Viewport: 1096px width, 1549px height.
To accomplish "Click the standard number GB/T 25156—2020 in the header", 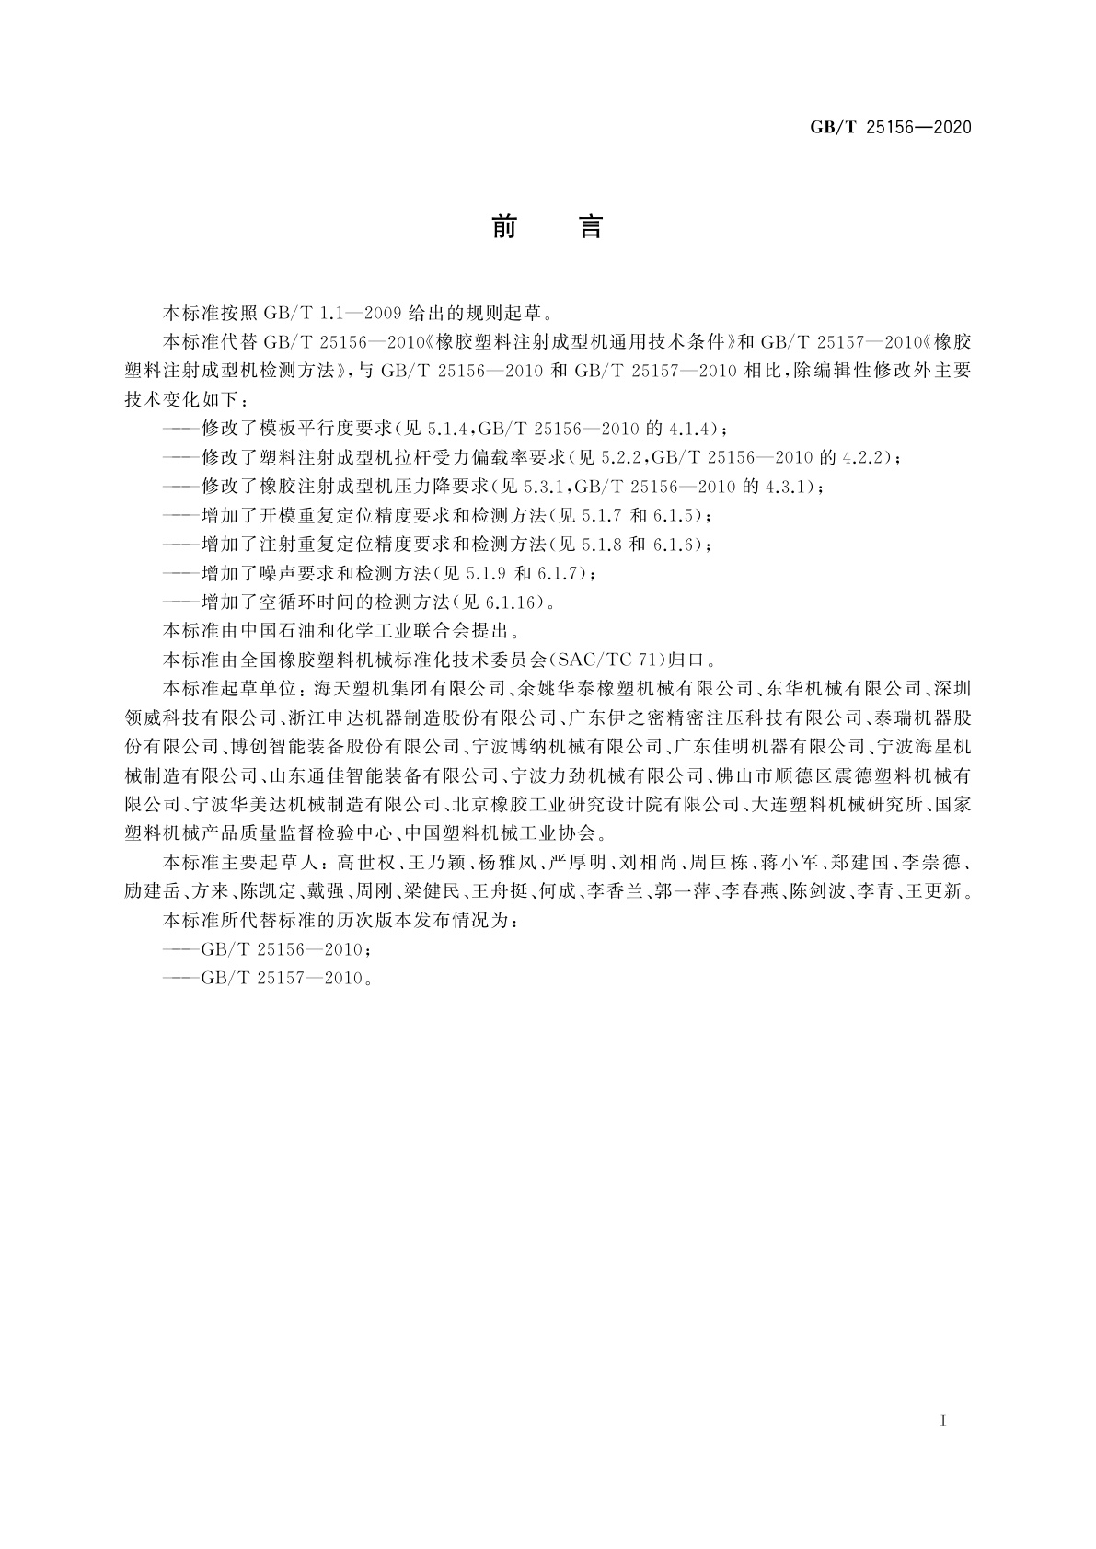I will [890, 128].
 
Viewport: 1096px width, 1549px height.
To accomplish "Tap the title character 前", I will [503, 226].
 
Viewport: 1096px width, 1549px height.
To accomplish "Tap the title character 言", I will [590, 226].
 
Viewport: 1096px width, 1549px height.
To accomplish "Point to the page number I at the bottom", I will [943, 1420].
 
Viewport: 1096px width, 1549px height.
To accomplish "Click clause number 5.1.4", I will [450, 429].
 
